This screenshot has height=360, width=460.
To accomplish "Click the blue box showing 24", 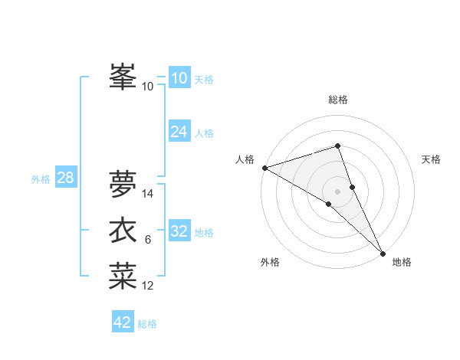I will click(179, 132).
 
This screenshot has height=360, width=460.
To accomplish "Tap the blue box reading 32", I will click(179, 232).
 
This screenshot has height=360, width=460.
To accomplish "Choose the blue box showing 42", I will click(123, 322).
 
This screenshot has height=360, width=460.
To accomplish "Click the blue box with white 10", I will click(179, 78).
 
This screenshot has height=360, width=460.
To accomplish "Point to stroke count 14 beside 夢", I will click(149, 194).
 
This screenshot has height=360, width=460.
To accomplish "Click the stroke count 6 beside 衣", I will click(147, 241).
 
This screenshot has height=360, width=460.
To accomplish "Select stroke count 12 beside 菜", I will click(148, 286).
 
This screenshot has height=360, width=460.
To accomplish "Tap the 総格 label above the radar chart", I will click(338, 100).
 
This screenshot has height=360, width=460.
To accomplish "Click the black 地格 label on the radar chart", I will click(402, 263).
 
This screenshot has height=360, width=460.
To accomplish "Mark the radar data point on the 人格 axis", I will click(264, 168).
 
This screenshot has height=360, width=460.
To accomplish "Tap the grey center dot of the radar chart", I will click(338, 191).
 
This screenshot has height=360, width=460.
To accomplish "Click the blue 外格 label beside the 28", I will click(41, 179).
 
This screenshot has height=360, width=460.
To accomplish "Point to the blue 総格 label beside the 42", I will click(147, 324).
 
